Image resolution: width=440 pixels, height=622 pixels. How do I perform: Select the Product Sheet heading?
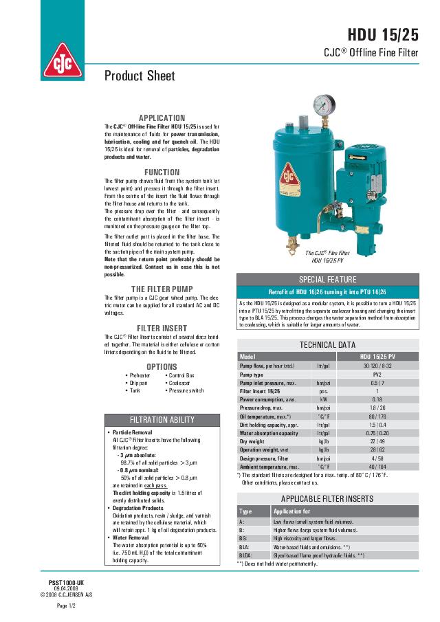pos(140,76)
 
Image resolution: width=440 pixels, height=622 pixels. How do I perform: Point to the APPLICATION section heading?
pos(162,118)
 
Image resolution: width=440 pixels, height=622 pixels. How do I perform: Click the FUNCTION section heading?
pos(162,173)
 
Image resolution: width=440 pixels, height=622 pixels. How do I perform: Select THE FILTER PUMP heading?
pos(162,289)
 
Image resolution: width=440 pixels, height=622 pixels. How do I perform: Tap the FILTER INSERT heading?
pos(162,329)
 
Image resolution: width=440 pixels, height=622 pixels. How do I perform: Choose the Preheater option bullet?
pos(140,376)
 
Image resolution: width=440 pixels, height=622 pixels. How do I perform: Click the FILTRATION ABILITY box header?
pos(162,420)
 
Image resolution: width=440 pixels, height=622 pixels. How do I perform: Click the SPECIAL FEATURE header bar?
pos(327,280)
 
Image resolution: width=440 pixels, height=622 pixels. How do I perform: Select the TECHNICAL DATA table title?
pos(327,344)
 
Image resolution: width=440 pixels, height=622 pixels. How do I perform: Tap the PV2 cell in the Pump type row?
pos(377,375)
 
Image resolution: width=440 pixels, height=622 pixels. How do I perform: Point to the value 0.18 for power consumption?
pos(377,399)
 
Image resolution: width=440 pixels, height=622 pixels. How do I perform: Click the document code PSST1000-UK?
pos(66,581)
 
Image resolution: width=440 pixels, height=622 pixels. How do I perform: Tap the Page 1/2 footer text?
pos(66,606)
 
